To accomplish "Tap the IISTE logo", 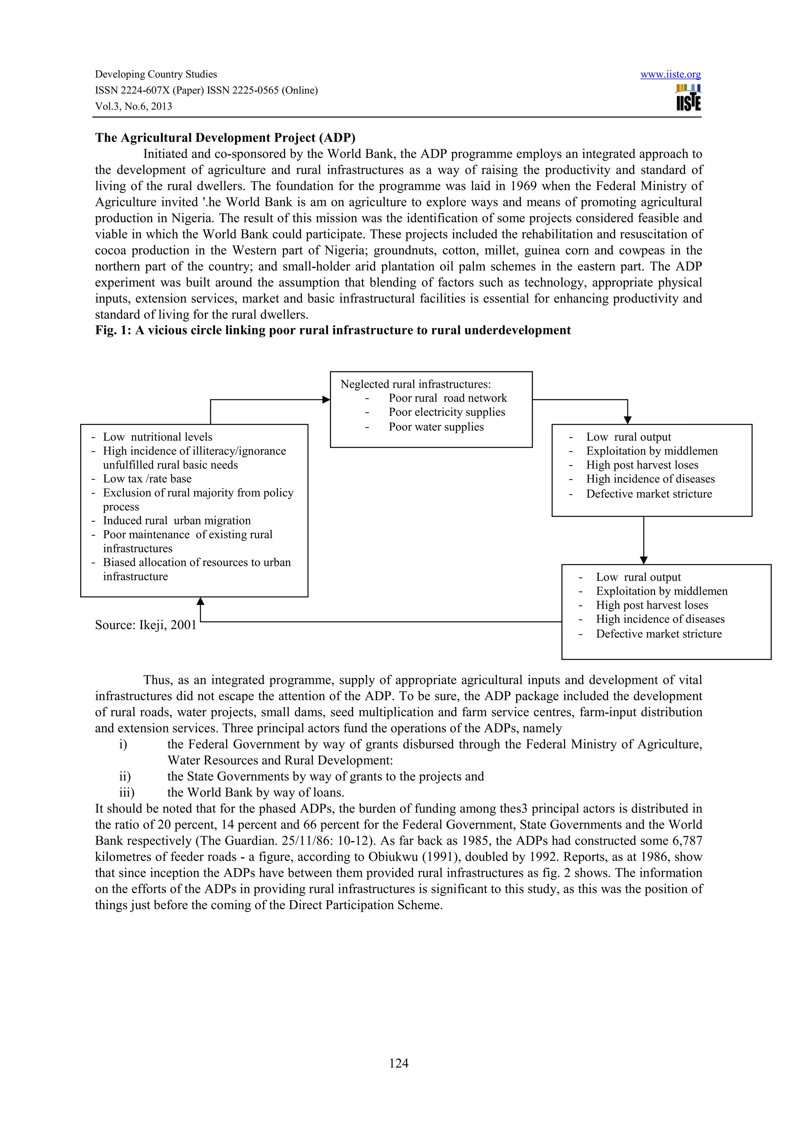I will coord(688,98).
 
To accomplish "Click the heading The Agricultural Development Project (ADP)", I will coord(225,137).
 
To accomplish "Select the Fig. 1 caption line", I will coord(332,330).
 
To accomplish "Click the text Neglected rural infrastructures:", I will coord(416,384).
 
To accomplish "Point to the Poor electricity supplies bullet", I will coord(446,412).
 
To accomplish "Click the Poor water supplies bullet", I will coord(435,427).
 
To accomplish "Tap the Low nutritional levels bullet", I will coord(157,437).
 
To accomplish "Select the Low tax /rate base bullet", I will coord(147,478).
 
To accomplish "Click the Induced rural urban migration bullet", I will coord(176,520).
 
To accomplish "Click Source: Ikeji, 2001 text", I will coord(146,625).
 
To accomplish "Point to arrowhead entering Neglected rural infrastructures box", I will coord(326,399).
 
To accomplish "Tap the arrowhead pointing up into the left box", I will coord(200,601).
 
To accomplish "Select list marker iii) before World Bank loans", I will coord(127,792).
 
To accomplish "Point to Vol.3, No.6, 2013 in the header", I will coord(133,106).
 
